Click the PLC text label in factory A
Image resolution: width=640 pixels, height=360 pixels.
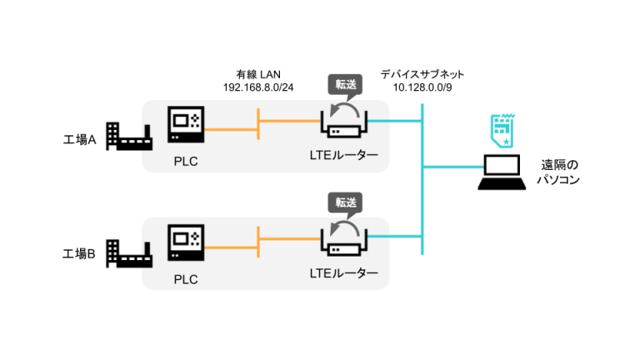[186, 158]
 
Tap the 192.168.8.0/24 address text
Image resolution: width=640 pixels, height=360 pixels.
[258, 87]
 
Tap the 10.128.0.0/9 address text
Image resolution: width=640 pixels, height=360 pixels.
[422, 87]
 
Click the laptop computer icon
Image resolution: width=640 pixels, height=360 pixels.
[503, 171]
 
